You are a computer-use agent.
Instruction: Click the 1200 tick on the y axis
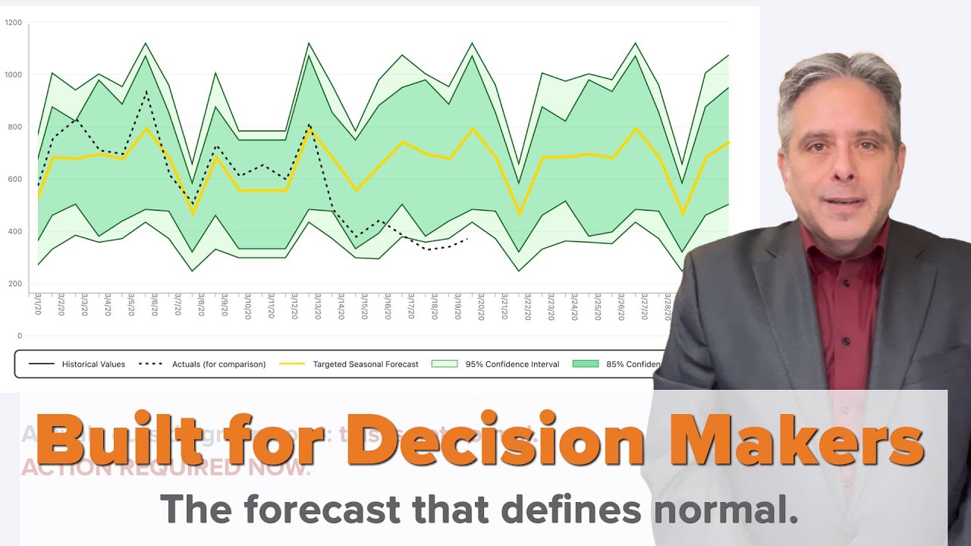pos(14,23)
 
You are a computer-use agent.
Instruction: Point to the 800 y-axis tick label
pos(14,127)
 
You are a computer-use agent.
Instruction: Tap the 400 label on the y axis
pos(14,231)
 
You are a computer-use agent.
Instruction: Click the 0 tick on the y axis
pos(20,335)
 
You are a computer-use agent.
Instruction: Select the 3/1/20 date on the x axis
pos(38,307)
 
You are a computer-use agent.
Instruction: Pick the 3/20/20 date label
pos(480,307)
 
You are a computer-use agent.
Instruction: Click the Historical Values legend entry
pos(93,364)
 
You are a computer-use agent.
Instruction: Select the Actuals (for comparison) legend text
pos(218,364)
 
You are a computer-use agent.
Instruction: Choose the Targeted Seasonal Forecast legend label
pos(366,364)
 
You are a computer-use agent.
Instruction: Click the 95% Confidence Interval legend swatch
pos(445,364)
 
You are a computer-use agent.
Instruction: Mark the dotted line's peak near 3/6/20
pos(146,93)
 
